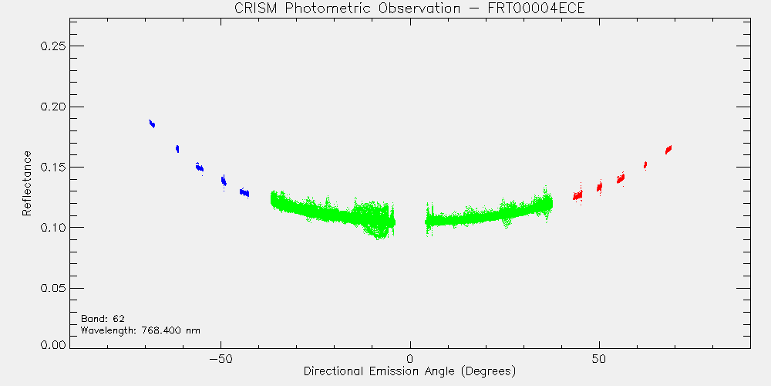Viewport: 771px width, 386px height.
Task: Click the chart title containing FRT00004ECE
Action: point(409,8)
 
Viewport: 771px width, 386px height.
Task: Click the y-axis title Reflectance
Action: point(26,183)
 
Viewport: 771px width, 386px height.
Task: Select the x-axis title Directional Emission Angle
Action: point(409,371)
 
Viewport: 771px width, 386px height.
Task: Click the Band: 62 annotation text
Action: point(103,318)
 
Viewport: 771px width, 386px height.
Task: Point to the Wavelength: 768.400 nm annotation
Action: point(140,330)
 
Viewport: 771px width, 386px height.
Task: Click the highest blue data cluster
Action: point(152,124)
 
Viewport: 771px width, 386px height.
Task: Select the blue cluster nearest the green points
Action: point(244,192)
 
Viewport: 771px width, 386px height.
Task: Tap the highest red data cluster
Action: point(668,149)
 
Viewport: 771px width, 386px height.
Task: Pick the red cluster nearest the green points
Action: point(577,195)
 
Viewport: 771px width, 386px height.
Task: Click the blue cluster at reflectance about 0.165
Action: point(177,149)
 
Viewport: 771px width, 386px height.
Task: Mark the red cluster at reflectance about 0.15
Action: point(645,165)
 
